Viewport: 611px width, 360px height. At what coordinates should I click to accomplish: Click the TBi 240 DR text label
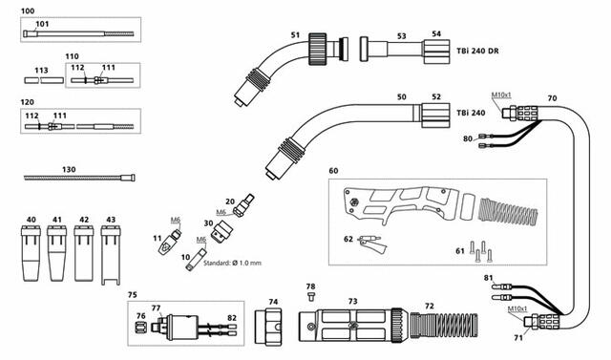477,51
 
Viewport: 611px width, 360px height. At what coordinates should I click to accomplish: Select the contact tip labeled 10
196,259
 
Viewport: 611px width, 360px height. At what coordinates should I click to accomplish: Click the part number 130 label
69,169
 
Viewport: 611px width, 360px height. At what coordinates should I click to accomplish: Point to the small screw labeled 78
310,296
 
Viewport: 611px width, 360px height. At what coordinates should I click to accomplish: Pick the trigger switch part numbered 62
373,245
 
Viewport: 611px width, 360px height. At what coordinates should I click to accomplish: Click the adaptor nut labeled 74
268,327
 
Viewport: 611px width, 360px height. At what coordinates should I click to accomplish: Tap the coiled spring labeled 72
444,326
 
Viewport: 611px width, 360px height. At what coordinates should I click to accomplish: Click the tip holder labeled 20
243,205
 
